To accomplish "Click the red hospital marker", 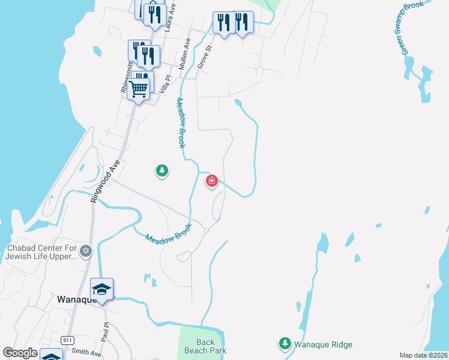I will (212, 181).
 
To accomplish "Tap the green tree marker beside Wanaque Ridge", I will (284, 344).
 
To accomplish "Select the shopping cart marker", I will (139, 89).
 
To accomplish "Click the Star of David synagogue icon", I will (86, 250).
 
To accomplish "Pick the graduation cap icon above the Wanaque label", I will (101, 289).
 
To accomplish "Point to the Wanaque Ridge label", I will (323, 344).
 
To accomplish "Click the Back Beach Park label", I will (205, 347).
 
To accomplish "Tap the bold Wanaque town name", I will (77, 299).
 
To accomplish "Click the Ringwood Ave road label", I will (105, 181).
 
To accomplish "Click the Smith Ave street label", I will (86, 353).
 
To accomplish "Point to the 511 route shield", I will (68, 339).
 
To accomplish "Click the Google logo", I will (20, 353).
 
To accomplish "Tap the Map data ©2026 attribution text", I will (423, 355).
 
